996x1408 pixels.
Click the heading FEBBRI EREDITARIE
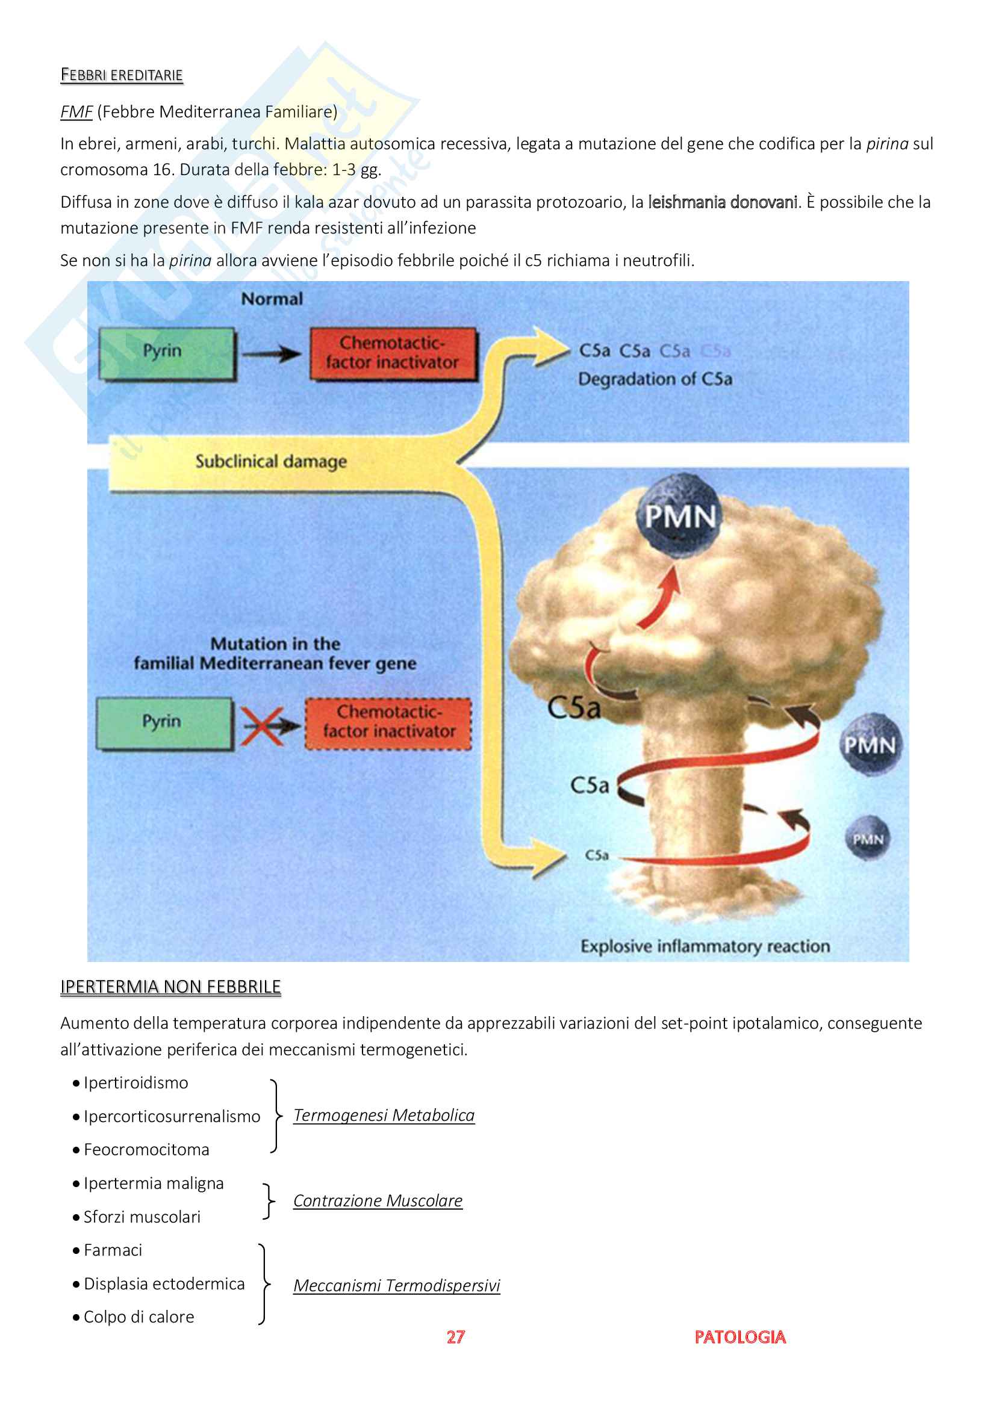coord(122,75)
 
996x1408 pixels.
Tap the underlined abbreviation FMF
coord(76,112)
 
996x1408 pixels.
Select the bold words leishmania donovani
coord(723,202)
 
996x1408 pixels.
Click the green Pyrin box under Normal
coord(166,354)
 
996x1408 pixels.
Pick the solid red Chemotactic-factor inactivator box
coord(393,353)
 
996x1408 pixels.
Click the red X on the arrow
coord(261,726)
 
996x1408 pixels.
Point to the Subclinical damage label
coord(271,461)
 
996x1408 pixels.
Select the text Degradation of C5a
coord(655,379)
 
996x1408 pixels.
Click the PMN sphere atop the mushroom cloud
coord(679,516)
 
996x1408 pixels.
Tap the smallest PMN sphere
coord(867,839)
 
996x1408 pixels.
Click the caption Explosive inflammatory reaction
coord(705,946)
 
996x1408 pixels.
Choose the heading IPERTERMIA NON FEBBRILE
coord(170,987)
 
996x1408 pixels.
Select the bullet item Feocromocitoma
coord(146,1150)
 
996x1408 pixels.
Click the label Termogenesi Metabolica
coord(384,1115)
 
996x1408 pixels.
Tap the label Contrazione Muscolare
coord(378,1201)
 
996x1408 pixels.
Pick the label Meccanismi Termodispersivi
coord(397,1285)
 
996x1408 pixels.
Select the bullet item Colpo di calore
coord(139,1317)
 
